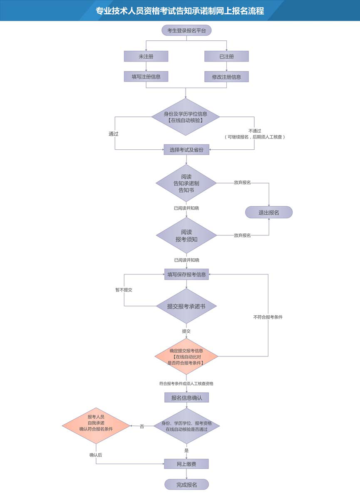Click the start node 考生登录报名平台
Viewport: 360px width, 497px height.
tap(186, 30)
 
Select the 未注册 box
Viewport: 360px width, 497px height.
tap(146, 56)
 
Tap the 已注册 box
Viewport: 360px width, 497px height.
tap(226, 56)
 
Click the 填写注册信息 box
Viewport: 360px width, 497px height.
tap(146, 77)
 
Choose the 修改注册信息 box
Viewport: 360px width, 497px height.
tap(226, 77)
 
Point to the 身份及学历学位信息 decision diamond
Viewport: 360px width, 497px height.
tap(186, 117)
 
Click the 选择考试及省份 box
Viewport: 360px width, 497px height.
tap(186, 150)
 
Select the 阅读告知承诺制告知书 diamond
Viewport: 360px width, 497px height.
tap(186, 183)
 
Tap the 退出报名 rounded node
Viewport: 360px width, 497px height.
tap(269, 213)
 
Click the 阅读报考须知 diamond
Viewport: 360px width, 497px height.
tap(186, 235)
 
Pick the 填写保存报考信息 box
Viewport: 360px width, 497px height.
tap(186, 274)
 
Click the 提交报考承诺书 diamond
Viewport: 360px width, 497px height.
tap(186, 307)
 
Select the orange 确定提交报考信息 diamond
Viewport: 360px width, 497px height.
tap(186, 357)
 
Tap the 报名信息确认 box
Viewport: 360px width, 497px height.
tap(186, 398)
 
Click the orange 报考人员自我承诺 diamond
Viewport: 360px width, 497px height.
tap(96, 425)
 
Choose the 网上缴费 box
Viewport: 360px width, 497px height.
tap(186, 464)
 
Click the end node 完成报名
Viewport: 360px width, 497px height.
tap(186, 485)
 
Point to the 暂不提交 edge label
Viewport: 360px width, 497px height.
tap(124, 290)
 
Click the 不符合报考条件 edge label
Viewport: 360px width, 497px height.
tap(268, 317)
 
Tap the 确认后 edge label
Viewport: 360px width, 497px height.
tap(95, 455)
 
